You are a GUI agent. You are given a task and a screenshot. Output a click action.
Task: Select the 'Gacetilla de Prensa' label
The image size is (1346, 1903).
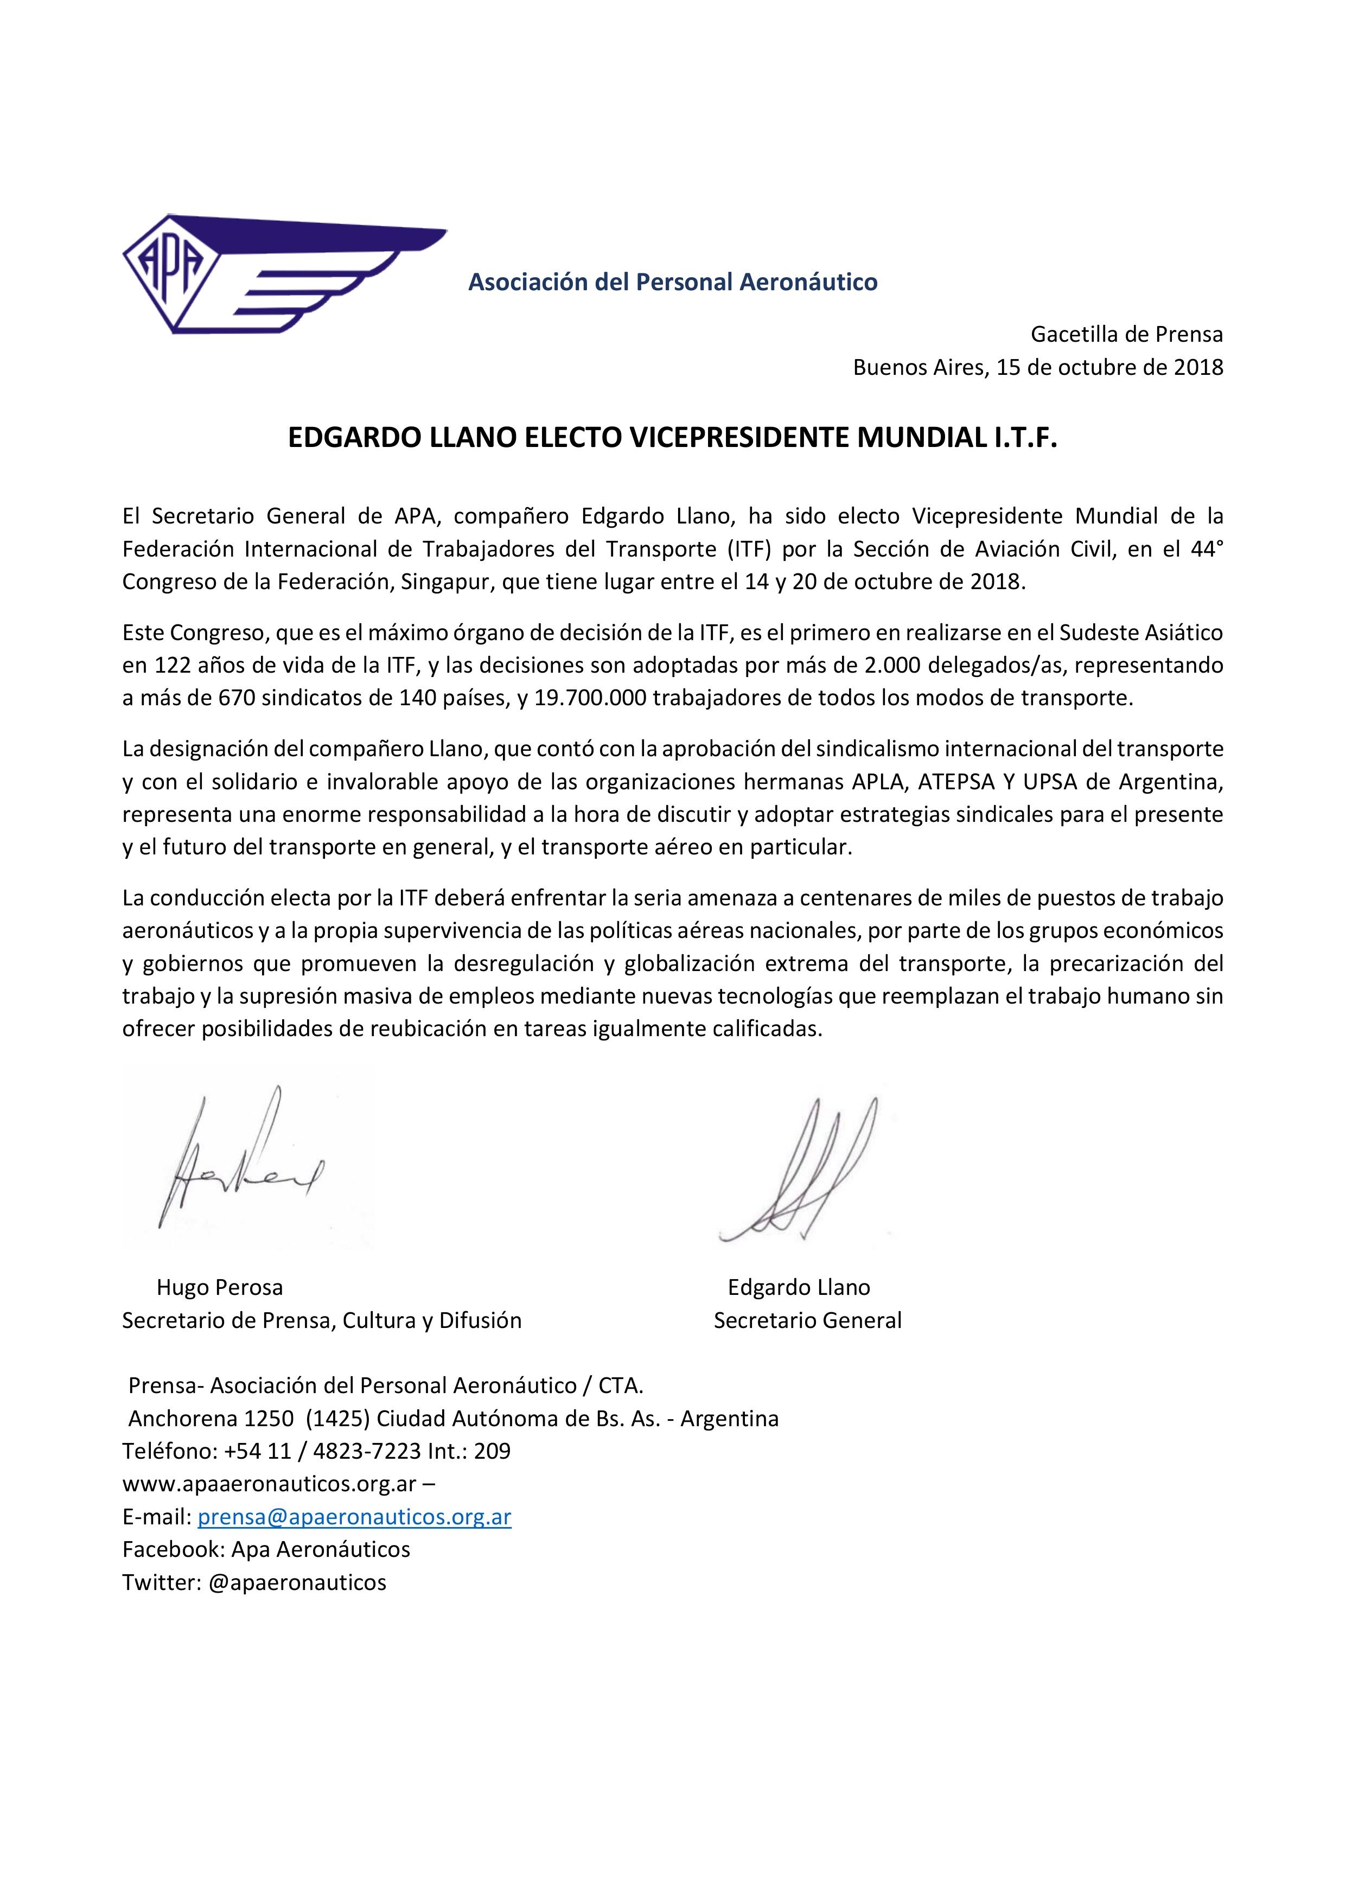pos(1126,334)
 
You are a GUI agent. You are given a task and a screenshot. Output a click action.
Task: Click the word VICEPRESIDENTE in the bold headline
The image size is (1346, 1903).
pos(739,438)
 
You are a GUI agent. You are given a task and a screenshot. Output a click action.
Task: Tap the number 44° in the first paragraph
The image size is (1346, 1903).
pos(1207,548)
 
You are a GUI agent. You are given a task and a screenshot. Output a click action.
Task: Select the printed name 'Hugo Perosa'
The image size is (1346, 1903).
pos(220,1287)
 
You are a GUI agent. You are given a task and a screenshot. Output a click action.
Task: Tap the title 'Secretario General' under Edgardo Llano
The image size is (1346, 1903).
pos(807,1320)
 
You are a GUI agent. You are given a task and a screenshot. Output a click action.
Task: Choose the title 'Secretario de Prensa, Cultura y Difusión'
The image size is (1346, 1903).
pos(322,1320)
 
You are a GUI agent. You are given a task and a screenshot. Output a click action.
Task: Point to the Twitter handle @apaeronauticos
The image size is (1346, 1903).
pos(297,1582)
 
